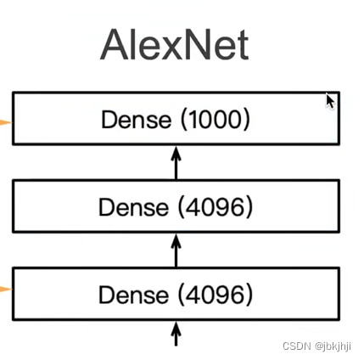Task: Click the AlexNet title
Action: (174, 44)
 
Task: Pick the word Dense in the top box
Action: (136, 119)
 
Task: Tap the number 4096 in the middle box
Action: (216, 206)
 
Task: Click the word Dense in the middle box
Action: (133, 206)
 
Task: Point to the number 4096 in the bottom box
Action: (216, 295)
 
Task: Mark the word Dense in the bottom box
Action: (133, 295)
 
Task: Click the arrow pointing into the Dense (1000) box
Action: (176, 161)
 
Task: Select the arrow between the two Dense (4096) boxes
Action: (176, 250)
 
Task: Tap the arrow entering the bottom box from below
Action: (176, 333)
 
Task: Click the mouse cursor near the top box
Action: (330, 101)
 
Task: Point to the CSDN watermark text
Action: (297, 346)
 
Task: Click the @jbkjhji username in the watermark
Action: (333, 346)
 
